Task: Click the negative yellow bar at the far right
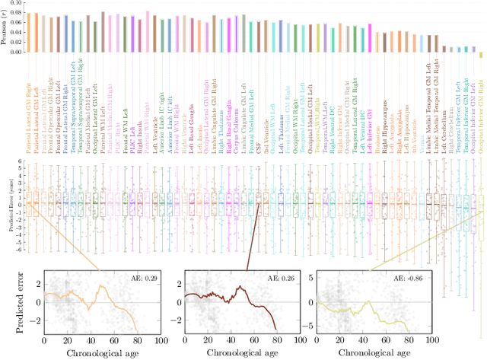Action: [480, 54]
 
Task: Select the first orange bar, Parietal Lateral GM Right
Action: [28, 33]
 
